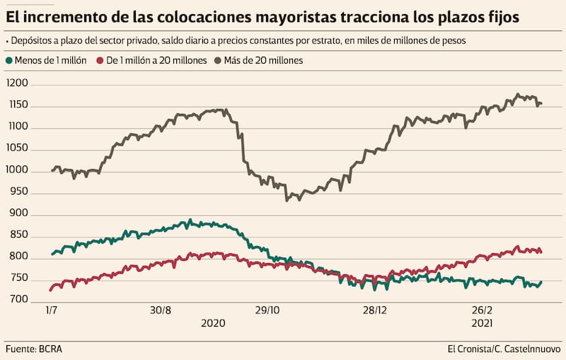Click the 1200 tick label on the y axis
click(17, 83)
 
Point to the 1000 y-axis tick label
click(17, 170)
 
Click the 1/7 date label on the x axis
click(51, 310)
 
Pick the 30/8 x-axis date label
click(161, 310)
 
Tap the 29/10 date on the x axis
click(267, 310)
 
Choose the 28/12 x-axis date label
click(374, 310)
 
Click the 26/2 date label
click(482, 310)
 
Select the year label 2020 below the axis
click(213, 323)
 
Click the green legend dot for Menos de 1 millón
click(9, 61)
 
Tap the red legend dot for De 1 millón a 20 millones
click(100, 61)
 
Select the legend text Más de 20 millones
click(262, 61)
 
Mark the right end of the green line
click(542, 282)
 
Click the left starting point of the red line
click(50, 290)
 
